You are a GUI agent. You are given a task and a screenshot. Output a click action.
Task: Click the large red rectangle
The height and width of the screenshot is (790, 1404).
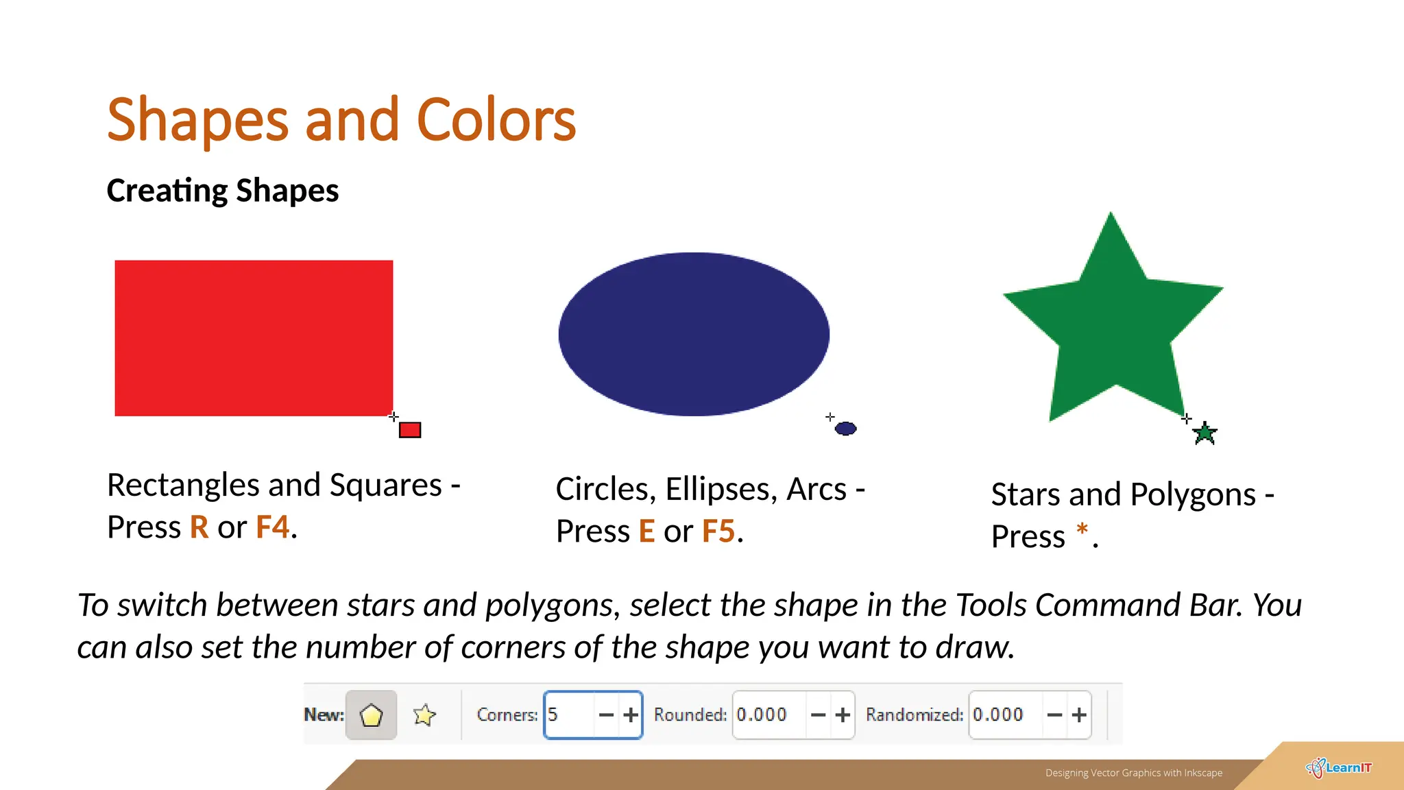click(x=254, y=337)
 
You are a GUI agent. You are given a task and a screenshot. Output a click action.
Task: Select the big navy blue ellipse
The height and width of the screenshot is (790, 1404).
click(x=694, y=334)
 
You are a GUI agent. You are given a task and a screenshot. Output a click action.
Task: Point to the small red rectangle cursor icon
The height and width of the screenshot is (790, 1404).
click(x=410, y=430)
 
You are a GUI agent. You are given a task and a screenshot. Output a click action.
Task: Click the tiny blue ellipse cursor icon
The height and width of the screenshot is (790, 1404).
click(x=846, y=429)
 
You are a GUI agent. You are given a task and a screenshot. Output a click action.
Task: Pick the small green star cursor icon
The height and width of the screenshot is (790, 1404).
click(x=1205, y=433)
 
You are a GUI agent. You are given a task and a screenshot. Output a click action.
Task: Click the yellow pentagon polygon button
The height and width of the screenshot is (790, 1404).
click(x=371, y=715)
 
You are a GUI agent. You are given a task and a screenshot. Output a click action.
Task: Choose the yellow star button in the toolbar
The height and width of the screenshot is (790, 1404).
click(x=424, y=715)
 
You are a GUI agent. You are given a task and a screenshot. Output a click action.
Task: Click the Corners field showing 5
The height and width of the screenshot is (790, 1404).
click(x=569, y=715)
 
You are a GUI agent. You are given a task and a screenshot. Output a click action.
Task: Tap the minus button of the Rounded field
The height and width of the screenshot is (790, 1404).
click(x=818, y=715)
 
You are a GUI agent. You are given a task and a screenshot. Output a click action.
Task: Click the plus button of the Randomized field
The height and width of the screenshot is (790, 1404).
click(x=1079, y=715)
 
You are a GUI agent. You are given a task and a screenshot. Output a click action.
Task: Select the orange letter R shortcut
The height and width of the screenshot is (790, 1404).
click(x=199, y=527)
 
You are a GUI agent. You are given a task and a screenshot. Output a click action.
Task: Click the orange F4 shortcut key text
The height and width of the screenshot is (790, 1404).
click(x=272, y=527)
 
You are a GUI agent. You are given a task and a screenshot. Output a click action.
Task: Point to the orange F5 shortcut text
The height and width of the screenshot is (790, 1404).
click(x=718, y=531)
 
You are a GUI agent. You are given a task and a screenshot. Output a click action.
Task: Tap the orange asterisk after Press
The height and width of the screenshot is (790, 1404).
click(x=1082, y=530)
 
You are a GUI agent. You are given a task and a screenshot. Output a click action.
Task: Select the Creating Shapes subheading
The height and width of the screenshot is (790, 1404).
click(x=223, y=191)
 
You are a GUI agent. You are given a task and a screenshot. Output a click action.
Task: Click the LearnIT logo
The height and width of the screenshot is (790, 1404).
click(x=1339, y=768)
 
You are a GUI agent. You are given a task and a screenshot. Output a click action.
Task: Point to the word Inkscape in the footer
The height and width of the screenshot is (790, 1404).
click(x=1203, y=773)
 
